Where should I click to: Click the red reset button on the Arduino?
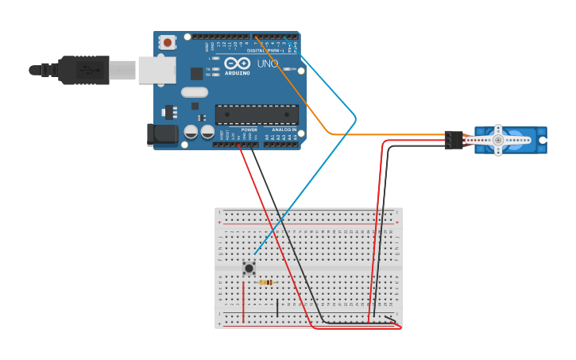point(167,42)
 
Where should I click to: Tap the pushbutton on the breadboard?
point(249,268)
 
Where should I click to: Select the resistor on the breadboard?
point(266,282)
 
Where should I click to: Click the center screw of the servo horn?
point(498,141)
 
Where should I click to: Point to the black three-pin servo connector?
point(454,140)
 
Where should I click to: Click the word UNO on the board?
point(268,64)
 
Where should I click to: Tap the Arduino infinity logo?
point(237,64)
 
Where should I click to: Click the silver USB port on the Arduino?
point(157,70)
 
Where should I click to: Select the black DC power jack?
point(163,134)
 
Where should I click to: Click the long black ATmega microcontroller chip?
point(257,114)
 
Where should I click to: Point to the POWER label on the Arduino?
point(249,130)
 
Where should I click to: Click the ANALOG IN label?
point(284,130)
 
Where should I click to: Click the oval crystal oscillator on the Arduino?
point(194,92)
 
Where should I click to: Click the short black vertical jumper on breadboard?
point(277,308)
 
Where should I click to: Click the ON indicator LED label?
point(293,69)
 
